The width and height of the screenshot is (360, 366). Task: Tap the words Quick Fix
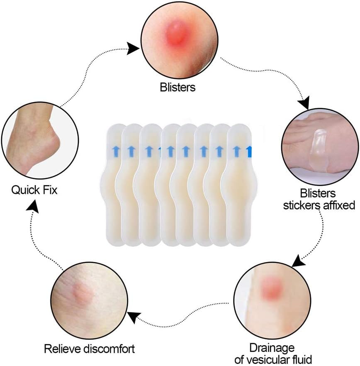(x=34, y=190)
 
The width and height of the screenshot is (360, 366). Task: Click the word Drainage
(x=272, y=347)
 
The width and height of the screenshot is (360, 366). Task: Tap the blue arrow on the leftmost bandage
(x=115, y=150)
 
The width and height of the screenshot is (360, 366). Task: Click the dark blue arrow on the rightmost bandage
(x=250, y=151)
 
